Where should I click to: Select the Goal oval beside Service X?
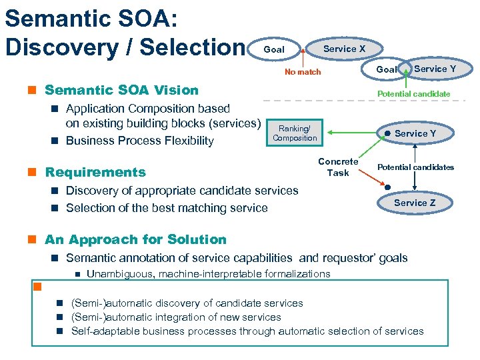coord(274,49)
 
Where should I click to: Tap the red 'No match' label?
coord(303,72)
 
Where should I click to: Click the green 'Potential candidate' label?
coord(414,94)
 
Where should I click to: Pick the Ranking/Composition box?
coord(295,133)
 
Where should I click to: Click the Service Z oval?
coord(414,203)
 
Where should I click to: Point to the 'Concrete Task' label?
coord(338,167)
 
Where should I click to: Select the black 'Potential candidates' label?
coord(416,167)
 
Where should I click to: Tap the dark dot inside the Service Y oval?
coord(387,133)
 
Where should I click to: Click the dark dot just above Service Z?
coord(387,187)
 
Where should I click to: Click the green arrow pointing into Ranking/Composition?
coord(347,133)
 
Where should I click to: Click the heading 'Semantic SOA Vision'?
coord(121,90)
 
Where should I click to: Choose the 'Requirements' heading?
coord(95,172)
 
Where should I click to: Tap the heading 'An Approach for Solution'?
coord(135,239)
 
